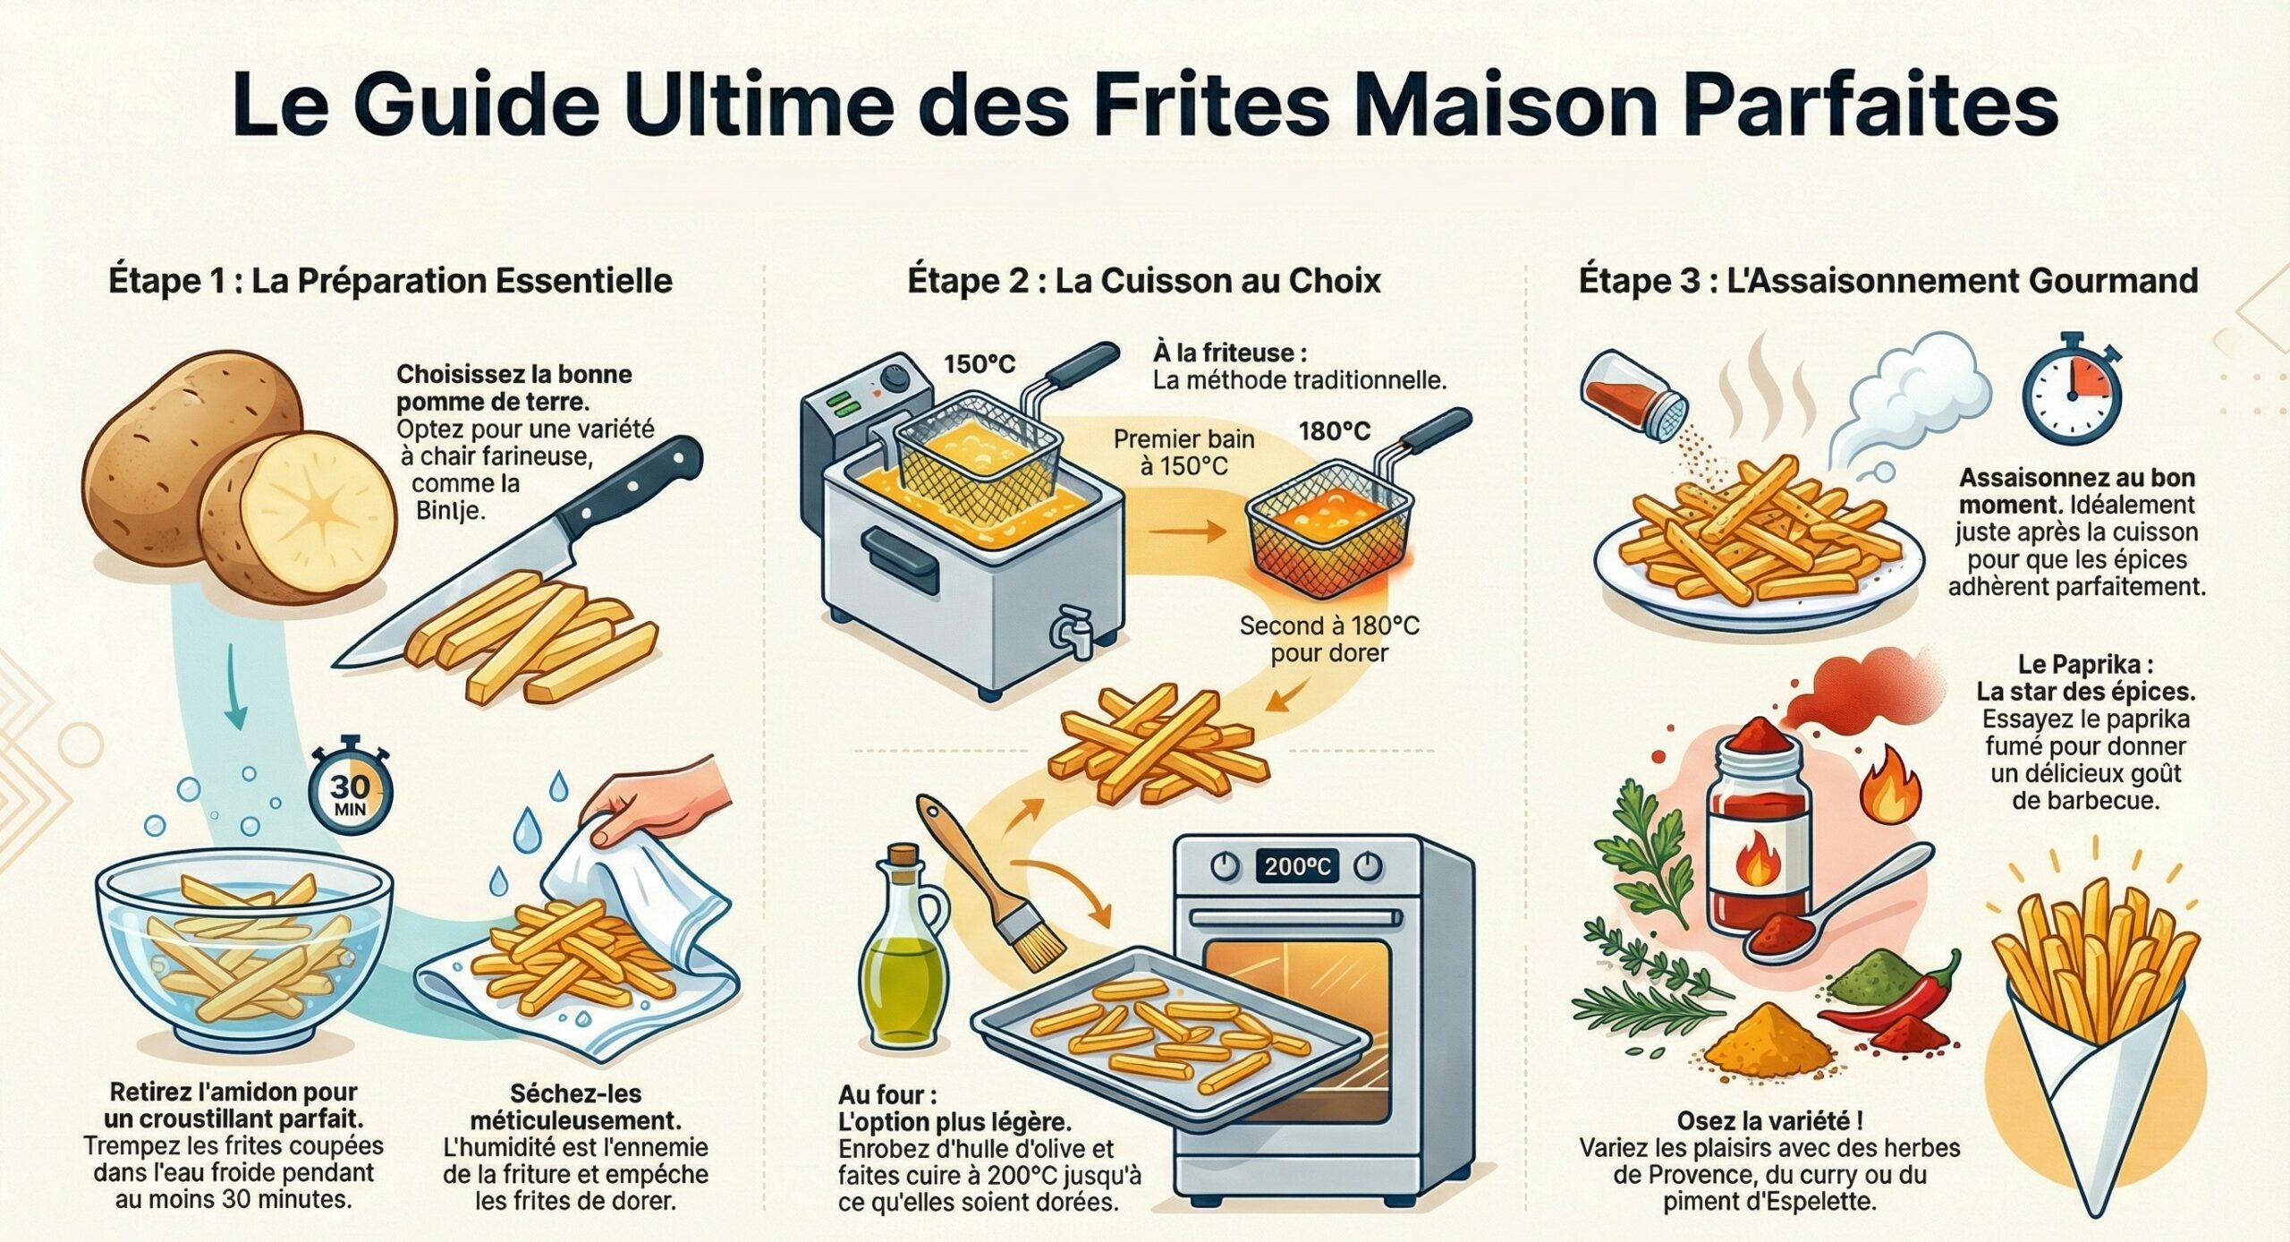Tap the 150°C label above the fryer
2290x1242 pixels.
980,364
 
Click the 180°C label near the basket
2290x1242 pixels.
1334,431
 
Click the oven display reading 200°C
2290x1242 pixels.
1296,866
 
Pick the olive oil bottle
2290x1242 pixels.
902,957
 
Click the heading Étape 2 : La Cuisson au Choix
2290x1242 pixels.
1144,281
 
